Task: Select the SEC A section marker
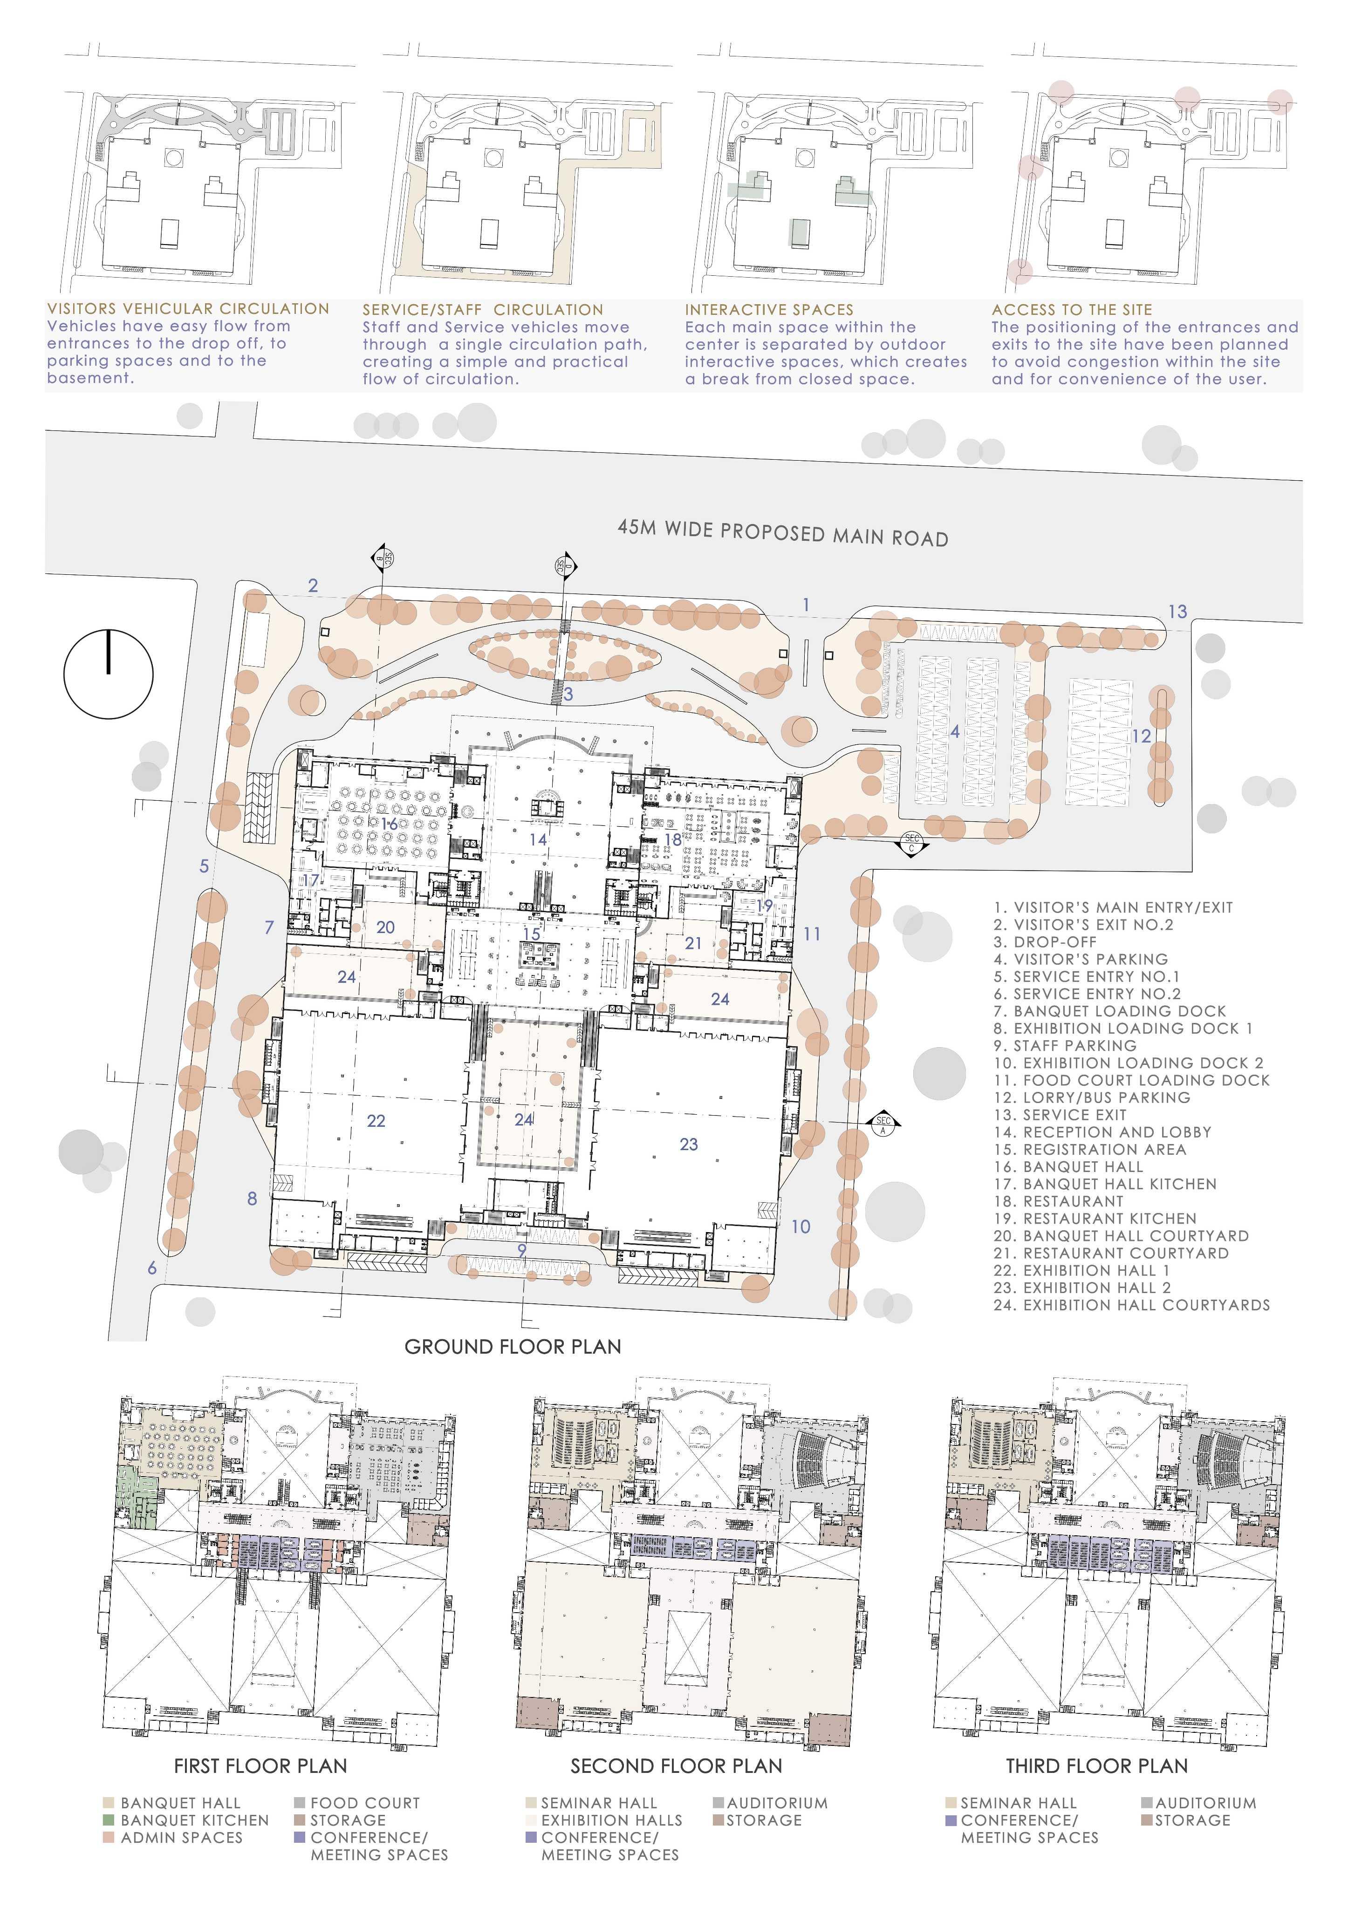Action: [x=883, y=1125]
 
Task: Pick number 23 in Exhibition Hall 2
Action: [x=688, y=1145]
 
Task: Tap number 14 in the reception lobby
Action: [x=538, y=839]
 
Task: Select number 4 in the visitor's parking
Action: [x=955, y=731]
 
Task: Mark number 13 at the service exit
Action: [x=1177, y=612]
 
